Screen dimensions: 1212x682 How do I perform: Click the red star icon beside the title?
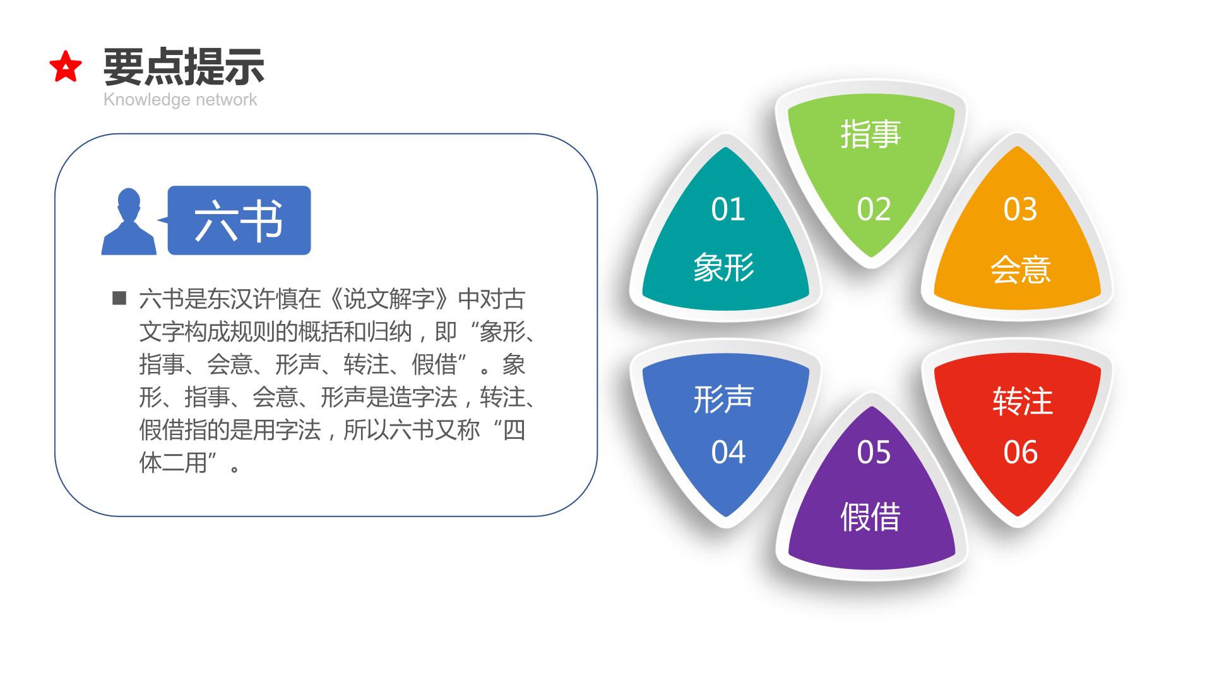(66, 67)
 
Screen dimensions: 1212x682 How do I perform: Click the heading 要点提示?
(184, 66)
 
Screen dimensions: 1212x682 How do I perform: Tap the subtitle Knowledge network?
(180, 100)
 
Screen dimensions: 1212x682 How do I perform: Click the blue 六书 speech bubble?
(239, 220)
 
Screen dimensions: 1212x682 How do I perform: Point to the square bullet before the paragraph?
(119, 298)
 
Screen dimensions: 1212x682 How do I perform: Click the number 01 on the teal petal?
(728, 209)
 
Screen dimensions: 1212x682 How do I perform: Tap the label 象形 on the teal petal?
(723, 267)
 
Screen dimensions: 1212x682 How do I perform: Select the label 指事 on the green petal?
(870, 134)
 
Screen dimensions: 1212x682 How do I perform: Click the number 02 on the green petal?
(874, 209)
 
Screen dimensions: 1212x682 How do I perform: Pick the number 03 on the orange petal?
(1020, 209)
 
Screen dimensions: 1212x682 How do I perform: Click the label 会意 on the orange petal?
(1020, 270)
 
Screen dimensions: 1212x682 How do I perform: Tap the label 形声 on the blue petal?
(723, 398)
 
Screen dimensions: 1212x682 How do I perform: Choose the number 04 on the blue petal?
(728, 452)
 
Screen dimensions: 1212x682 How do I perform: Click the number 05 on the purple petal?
(874, 452)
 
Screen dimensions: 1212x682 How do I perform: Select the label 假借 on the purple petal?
(870, 517)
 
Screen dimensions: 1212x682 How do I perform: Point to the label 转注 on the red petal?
(1023, 401)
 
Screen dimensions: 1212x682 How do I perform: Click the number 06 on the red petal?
(1020, 452)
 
